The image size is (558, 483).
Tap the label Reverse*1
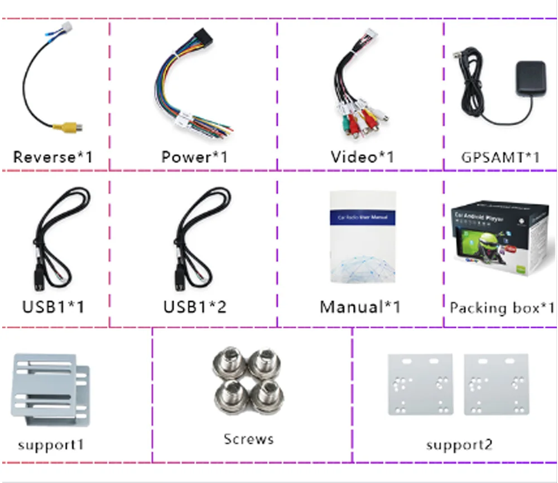(x=52, y=157)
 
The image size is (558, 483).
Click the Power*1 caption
(x=194, y=157)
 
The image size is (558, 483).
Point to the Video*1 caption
(x=362, y=157)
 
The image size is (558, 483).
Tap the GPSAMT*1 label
(x=501, y=157)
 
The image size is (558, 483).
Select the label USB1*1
(x=53, y=307)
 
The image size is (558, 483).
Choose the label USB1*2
(x=195, y=307)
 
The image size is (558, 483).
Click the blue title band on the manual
(x=363, y=217)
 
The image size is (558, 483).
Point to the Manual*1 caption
(x=360, y=307)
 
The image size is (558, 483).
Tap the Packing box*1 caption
(x=502, y=308)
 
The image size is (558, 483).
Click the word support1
(x=51, y=445)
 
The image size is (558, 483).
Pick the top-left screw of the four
(x=227, y=365)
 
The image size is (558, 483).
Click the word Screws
(x=249, y=439)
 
